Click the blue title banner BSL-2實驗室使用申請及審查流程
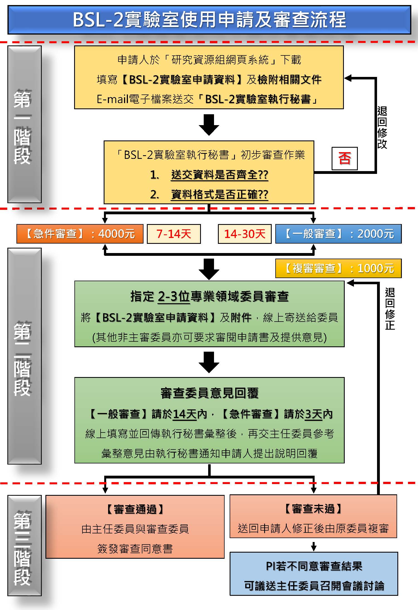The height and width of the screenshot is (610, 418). pos(209,20)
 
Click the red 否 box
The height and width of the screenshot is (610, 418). pos(344,158)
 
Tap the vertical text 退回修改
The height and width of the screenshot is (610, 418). pos(382,128)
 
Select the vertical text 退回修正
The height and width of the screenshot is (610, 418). pos(390,309)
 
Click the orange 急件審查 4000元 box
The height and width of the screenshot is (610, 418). pos(80,234)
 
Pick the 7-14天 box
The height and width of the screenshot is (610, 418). pos(174,234)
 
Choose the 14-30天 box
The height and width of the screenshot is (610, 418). pos(245,234)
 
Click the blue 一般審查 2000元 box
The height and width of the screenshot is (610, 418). pos(338,234)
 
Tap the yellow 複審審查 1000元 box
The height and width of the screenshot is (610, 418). pos(338,268)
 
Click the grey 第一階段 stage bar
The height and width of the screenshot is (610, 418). pos(25,124)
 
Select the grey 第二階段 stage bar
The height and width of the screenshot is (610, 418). pos(25,356)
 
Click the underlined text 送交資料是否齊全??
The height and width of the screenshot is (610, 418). pos(220,175)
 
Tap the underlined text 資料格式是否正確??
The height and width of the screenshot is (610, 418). pos(220,194)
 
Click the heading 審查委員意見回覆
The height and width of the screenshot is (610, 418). pos(210,393)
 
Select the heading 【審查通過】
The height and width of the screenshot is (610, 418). pos(135,509)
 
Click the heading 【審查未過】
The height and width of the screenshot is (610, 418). pos(313,509)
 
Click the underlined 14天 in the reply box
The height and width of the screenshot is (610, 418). pos(185,414)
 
